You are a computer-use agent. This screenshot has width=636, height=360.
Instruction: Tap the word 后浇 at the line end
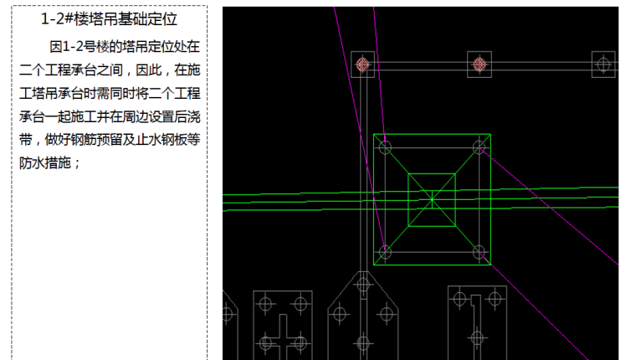187,116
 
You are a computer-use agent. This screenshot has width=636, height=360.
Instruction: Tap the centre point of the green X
432,199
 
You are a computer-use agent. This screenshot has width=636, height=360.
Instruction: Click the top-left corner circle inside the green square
385,147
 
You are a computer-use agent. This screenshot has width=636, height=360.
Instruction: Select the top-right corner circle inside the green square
479,147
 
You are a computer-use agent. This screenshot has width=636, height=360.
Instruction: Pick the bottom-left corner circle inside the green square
385,251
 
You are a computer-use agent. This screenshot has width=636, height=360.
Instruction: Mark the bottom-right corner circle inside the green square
479,251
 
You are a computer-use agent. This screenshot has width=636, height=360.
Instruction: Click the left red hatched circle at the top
362,64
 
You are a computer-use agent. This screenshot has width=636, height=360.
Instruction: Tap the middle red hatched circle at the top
480,64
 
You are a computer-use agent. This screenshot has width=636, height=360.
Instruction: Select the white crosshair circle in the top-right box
603,64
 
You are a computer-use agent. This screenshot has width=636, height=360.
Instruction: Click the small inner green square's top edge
432,174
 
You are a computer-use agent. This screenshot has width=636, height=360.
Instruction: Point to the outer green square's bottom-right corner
490,265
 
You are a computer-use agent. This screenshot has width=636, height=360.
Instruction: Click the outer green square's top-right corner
490,134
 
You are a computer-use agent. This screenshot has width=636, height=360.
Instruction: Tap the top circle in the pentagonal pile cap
362,285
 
